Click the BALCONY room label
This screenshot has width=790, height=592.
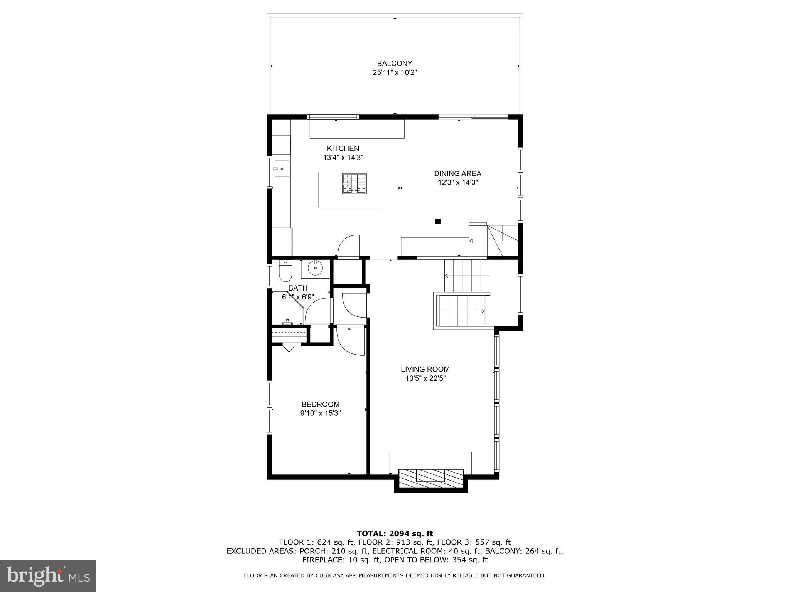[x=395, y=63]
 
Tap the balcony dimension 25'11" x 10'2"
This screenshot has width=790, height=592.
[x=395, y=72]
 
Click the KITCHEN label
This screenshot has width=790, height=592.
[x=343, y=148]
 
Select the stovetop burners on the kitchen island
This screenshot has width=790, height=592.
[x=354, y=183]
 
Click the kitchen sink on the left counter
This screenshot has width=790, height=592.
[x=281, y=168]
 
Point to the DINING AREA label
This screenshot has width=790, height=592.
[x=457, y=173]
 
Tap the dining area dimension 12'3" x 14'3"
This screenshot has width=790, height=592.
[x=457, y=183]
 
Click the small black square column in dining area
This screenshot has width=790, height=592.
[x=437, y=221]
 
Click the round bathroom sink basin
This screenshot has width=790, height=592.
[x=315, y=268]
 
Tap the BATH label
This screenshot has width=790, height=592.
[x=298, y=288]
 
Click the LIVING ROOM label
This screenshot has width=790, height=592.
[x=425, y=369]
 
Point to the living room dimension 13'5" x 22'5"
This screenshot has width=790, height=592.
[x=425, y=378]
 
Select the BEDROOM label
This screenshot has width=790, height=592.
[x=320, y=404]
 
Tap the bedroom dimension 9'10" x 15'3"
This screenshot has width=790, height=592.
[x=320, y=414]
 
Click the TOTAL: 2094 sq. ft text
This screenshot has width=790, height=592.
[x=395, y=534]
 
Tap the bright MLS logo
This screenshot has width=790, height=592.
[x=48, y=576]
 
